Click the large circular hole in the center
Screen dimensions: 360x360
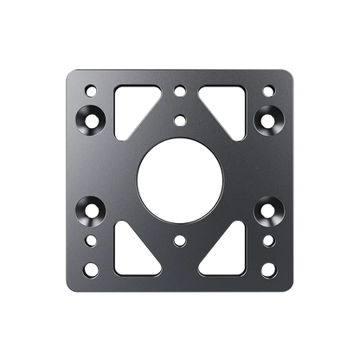[179, 179]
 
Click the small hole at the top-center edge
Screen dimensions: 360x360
[179, 88]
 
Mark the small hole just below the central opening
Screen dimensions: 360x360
[179, 240]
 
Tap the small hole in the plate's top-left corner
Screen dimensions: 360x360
[89, 88]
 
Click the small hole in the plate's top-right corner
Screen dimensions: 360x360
[270, 88]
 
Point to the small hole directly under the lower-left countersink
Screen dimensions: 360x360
[89, 239]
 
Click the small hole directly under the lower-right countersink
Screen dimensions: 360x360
[270, 239]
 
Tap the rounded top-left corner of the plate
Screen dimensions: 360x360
[70, 72]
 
